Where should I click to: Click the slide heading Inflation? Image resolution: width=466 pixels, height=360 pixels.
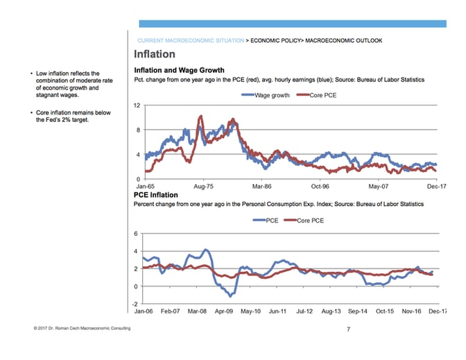154,54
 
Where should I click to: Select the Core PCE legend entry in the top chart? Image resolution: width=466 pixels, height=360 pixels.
320,95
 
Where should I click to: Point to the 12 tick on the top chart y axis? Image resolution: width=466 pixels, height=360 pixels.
137,105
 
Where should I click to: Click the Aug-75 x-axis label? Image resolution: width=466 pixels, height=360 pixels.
203,187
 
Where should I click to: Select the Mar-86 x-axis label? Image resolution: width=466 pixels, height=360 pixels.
261,187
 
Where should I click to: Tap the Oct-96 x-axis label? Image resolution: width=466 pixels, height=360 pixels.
320,187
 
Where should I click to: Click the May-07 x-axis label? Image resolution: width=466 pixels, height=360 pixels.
378,187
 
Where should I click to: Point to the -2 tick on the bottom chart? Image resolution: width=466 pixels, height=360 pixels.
137,304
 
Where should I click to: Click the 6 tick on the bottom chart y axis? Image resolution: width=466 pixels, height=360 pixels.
137,233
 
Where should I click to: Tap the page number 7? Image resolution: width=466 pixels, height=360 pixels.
348,329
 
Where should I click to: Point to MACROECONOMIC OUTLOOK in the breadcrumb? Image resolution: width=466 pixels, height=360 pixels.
343,40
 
